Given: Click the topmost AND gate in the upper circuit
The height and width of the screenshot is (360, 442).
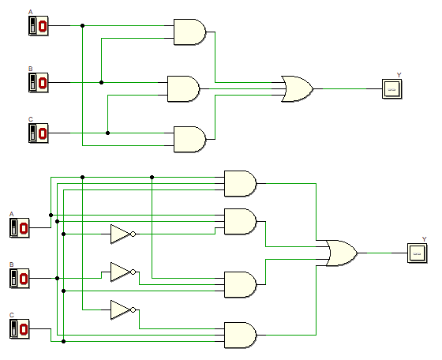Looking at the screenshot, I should pos(189,32).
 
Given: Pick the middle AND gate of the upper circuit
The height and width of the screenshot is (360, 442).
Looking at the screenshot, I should pos(183,88).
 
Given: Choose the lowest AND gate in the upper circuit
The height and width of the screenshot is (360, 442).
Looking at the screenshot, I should pos(189,139).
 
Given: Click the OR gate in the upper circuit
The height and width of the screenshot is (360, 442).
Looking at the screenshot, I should pos(297,88).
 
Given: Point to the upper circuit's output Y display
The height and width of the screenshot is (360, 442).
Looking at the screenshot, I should pos(391,88).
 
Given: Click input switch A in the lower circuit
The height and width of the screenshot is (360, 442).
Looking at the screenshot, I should pos(19,228).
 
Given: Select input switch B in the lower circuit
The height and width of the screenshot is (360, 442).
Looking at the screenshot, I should pos(19,278).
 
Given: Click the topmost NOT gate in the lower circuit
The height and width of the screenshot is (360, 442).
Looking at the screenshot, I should pos(121,234).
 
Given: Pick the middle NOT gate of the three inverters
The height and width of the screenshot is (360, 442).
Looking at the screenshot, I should pos(121,272).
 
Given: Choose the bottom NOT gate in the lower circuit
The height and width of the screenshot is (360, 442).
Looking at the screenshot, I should pos(121,309).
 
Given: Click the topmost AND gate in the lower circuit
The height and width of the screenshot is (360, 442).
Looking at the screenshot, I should pos(240,183).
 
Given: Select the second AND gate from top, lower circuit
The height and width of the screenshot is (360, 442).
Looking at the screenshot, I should pos(240,221).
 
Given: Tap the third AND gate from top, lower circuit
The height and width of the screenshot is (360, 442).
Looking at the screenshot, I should pos(240,284).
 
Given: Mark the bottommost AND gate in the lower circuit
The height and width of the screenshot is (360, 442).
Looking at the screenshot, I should pos(240,335).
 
